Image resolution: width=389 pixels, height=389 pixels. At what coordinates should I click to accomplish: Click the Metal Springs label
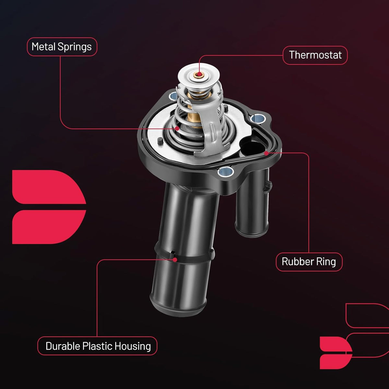62,47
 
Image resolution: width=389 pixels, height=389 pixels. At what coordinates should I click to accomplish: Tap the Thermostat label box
315,55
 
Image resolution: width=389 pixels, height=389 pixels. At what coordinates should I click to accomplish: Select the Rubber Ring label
309,262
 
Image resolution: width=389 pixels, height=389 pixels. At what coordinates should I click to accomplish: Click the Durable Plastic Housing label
97,346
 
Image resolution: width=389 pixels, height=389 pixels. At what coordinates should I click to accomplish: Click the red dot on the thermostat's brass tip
199,75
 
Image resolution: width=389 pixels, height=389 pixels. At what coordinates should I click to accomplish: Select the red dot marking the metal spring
177,128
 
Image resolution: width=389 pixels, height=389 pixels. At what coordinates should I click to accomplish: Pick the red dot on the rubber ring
266,153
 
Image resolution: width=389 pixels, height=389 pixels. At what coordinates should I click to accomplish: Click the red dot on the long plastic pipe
175,260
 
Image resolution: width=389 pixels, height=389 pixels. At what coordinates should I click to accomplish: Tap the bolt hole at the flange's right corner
257,118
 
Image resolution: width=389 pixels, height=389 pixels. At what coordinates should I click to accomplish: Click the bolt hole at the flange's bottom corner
226,171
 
